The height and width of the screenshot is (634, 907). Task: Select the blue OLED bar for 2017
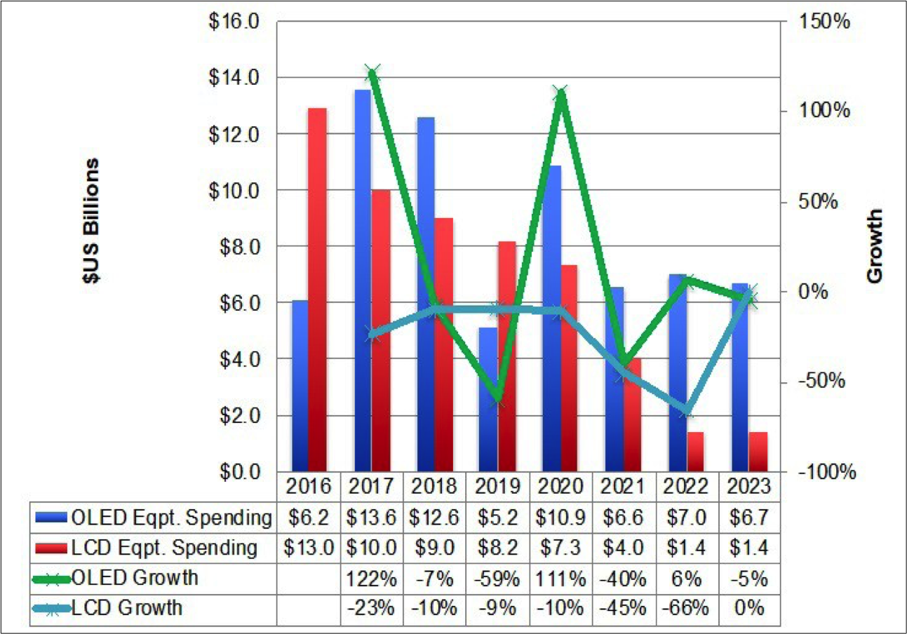point(362,281)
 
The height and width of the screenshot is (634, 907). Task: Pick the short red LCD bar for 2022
point(695,452)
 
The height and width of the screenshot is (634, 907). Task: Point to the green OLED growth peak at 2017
point(372,72)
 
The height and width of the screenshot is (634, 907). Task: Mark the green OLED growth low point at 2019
point(497,398)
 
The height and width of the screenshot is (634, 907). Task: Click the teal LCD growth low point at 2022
point(685,410)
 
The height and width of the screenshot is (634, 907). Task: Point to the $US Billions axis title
point(90,220)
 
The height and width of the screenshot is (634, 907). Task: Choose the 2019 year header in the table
point(497,485)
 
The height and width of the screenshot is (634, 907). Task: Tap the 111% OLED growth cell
point(559,578)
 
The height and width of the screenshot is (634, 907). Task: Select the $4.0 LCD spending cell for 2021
point(622,548)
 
